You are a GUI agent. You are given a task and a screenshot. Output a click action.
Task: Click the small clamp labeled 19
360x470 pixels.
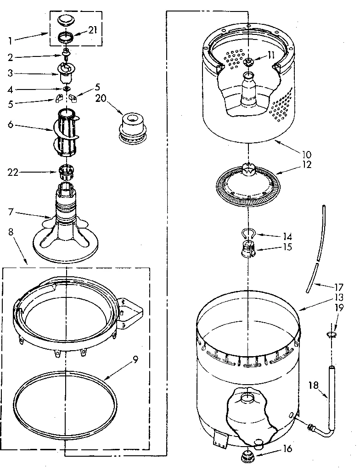[330, 333]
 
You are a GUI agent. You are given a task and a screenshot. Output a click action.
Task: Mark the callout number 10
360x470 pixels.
[305, 154]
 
